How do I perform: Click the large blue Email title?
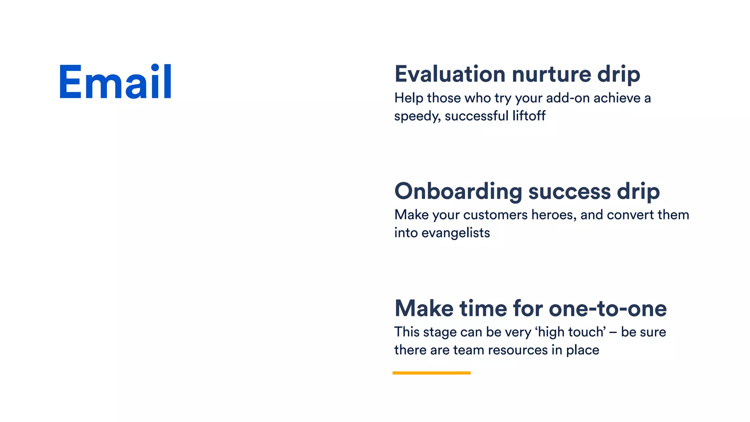pos(115,82)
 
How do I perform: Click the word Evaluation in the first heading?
pos(450,74)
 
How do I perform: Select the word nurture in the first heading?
pos(551,74)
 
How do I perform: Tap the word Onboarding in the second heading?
pos(458,192)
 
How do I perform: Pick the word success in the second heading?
pos(569,192)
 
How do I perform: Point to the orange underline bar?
pos(431,373)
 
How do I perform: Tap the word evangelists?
pos(456,233)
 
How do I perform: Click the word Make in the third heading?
pos(424,308)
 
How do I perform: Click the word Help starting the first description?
pos(408,98)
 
